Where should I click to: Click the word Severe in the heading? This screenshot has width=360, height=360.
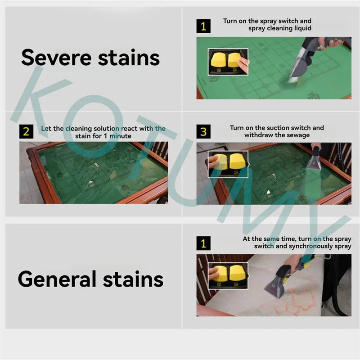click(57, 58)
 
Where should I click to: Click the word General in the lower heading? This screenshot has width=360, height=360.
click(57, 279)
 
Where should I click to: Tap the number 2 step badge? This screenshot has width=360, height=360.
click(26, 131)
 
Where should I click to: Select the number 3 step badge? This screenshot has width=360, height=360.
click(203, 131)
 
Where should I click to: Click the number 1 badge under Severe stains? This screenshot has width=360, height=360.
click(203, 26)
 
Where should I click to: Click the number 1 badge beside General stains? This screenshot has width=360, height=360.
click(203, 243)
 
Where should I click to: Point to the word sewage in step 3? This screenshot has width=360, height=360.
click(297, 135)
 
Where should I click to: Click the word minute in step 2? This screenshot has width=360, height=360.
click(120, 136)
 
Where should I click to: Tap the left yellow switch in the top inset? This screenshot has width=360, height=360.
click(219, 62)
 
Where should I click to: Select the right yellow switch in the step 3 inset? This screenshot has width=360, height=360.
click(238, 162)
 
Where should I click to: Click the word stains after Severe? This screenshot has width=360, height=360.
click(129, 58)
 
